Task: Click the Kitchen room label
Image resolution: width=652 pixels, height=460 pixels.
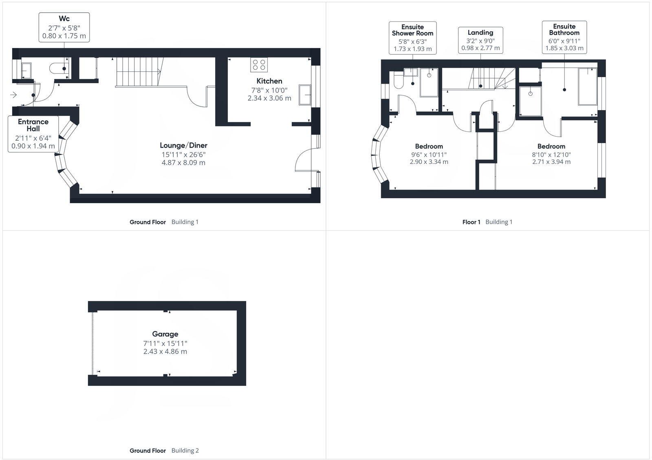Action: tap(269, 81)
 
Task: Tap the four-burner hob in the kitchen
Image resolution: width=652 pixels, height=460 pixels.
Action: tap(259, 65)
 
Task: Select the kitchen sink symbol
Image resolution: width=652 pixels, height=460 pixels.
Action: tap(305, 95)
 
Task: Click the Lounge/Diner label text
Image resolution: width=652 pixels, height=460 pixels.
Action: tap(183, 145)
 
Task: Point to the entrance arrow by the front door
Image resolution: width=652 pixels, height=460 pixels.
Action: tap(13, 95)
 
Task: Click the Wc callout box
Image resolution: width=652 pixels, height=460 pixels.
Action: tap(64, 27)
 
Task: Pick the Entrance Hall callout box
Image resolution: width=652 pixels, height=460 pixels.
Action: tap(33, 134)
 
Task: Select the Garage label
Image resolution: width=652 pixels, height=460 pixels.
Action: tap(165, 334)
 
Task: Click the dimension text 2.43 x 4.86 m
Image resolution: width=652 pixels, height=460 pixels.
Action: tap(165, 352)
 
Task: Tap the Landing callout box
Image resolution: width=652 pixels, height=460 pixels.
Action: tap(480, 40)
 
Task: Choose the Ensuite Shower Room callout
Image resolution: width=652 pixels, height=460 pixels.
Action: tap(412, 38)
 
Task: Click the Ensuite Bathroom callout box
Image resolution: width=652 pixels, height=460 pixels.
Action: tap(564, 37)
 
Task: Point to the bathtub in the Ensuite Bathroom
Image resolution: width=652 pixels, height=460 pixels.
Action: tap(587, 87)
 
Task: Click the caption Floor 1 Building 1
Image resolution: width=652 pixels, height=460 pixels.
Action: tap(487, 222)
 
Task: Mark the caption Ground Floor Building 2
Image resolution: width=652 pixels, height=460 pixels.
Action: tap(164, 451)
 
